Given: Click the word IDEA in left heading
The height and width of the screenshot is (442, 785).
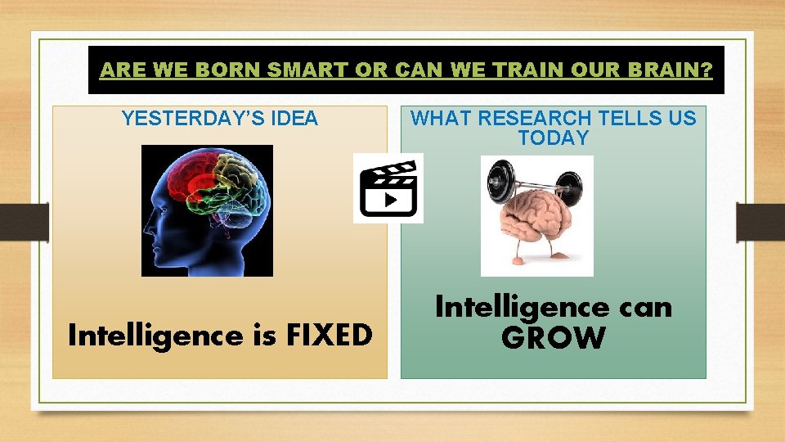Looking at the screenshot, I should coord(292,119).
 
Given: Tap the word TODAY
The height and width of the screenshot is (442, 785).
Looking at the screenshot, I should coord(554,138).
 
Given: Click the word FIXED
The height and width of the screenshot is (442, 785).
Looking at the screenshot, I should coord(326,336).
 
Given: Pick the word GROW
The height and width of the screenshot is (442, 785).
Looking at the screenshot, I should coord(554,337).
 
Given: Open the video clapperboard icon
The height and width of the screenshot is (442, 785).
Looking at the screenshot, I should coord(388,188).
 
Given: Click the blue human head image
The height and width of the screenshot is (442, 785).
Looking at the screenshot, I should coord(207,210).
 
